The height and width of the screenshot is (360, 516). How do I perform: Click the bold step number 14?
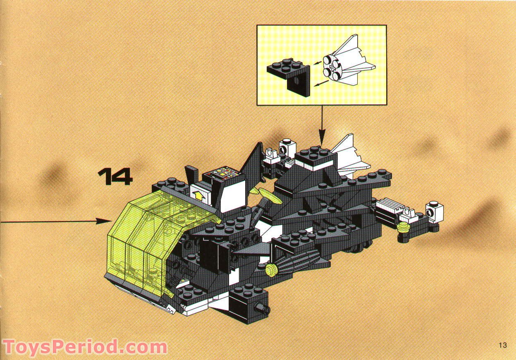pyautogui.click(x=115, y=177)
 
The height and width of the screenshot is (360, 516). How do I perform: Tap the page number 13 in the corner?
pyautogui.click(x=502, y=346)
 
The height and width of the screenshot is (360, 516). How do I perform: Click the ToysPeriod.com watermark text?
pyautogui.click(x=84, y=347)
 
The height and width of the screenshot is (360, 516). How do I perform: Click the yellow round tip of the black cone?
pyautogui.click(x=272, y=269)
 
